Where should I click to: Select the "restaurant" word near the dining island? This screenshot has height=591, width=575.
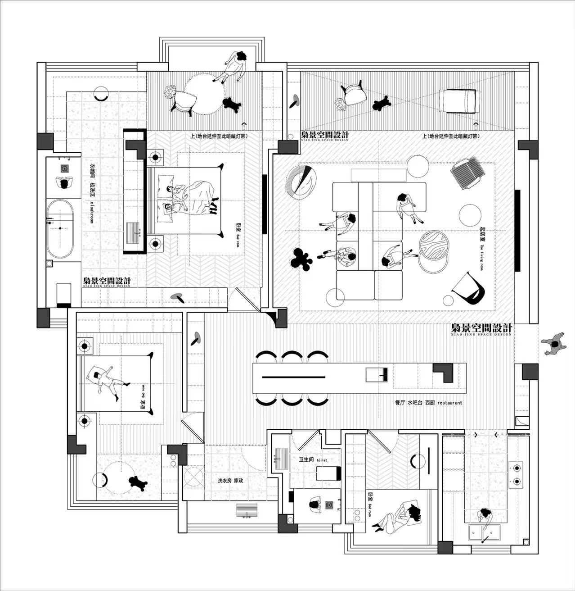click(x=449, y=403)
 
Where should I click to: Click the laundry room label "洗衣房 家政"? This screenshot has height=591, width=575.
click(x=230, y=481)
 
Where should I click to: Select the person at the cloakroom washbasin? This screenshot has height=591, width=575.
click(x=63, y=183)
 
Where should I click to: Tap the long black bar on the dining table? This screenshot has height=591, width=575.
click(x=294, y=376)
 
